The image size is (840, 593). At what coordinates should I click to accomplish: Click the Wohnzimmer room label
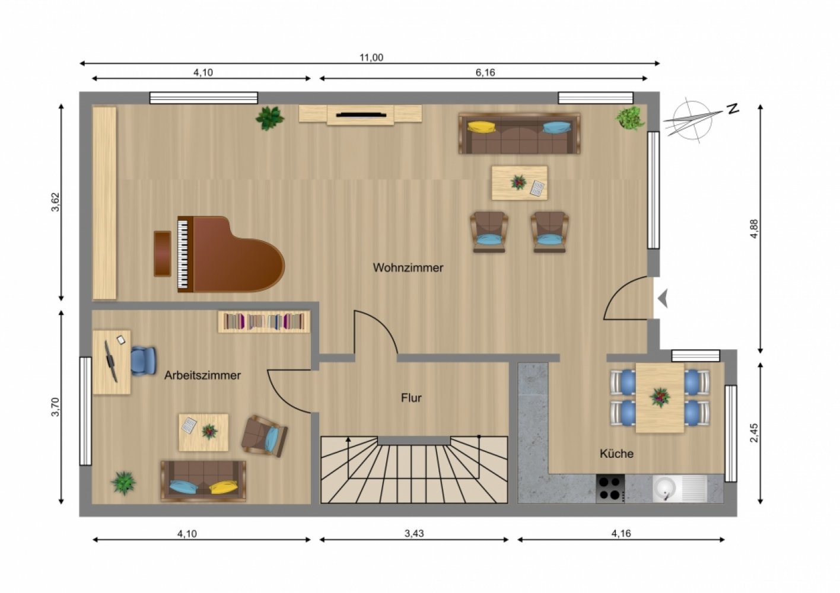point(408,267)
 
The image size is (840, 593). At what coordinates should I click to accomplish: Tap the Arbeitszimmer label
point(202,375)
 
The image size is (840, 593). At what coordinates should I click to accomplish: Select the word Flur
point(411,398)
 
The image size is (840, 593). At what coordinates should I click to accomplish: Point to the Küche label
point(616,454)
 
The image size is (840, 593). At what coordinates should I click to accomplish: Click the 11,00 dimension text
point(371,58)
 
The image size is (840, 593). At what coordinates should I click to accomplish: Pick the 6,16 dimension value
point(485,72)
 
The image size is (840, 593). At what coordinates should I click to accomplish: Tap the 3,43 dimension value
point(414,533)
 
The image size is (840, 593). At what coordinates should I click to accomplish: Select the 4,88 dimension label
point(754,229)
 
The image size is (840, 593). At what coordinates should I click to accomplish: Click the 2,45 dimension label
point(754,433)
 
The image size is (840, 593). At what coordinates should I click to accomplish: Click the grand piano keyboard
point(182,254)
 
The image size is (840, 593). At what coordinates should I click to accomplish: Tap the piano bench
point(163,254)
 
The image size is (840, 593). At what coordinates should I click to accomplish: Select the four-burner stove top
point(610,489)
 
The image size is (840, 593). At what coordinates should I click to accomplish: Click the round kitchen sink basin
point(664,489)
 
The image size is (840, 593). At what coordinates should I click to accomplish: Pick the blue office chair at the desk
point(143,361)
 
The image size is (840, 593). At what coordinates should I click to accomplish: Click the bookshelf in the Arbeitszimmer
point(265,321)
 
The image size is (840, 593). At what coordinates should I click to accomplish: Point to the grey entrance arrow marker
point(663,299)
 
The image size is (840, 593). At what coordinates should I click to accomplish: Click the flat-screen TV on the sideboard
point(361,114)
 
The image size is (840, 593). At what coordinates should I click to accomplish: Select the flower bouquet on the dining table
point(660,397)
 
